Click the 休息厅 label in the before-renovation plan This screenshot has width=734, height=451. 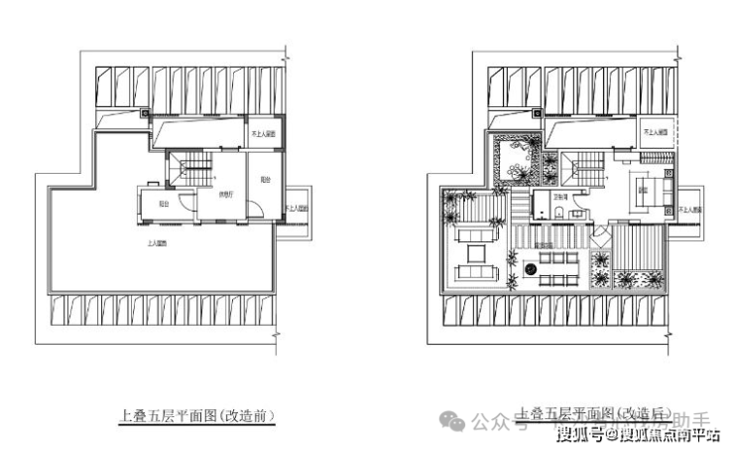pyautogui.click(x=227, y=195)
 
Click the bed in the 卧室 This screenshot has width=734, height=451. pyautogui.click(x=656, y=193)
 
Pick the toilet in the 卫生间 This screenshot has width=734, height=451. pyautogui.click(x=560, y=210)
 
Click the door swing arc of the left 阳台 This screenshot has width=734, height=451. pyautogui.click(x=254, y=211)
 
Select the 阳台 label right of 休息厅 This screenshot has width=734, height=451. pyautogui.click(x=264, y=181)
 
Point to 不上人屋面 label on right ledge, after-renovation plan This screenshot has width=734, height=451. pyautogui.click(x=691, y=211)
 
